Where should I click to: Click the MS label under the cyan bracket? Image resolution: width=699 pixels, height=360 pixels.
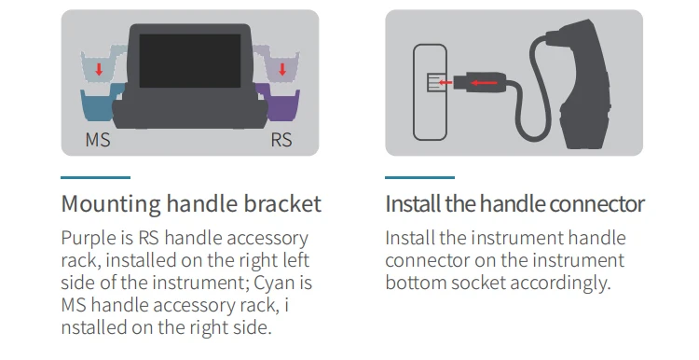(x=98, y=140)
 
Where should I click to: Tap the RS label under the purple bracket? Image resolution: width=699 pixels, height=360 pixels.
(x=281, y=140)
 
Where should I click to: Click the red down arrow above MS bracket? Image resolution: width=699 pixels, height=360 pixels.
(x=99, y=69)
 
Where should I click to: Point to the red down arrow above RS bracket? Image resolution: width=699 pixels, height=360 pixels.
(x=282, y=69)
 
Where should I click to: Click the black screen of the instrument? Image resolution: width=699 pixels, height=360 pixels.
(x=190, y=61)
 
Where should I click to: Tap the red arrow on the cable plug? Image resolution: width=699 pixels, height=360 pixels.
(x=485, y=82)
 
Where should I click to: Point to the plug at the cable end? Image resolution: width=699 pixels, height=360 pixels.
(x=480, y=82)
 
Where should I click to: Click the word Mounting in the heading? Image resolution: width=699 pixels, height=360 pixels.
(x=111, y=204)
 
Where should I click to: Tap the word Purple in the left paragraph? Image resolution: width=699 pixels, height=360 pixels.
(x=88, y=239)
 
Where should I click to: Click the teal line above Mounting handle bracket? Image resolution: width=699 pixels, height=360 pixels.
(x=95, y=177)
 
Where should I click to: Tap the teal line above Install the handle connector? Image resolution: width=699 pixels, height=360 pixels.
(x=419, y=177)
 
